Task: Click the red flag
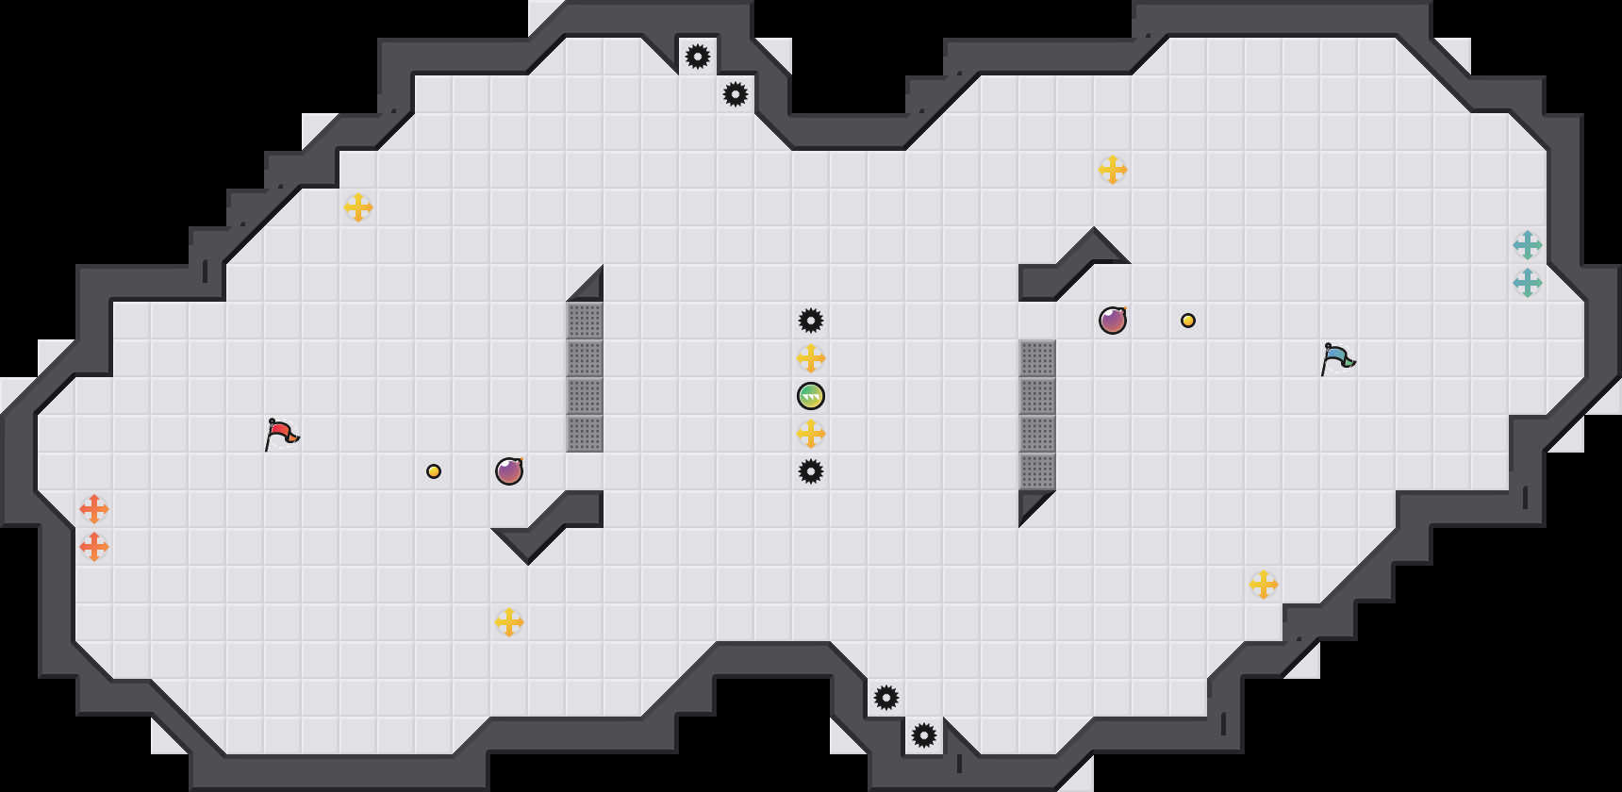point(281,435)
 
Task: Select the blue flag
point(1337,359)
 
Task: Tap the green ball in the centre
point(811,396)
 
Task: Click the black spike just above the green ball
point(811,321)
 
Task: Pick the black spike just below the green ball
point(811,471)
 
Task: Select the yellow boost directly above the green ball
point(811,358)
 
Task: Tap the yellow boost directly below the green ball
point(811,434)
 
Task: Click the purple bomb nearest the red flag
point(509,471)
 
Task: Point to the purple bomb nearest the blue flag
point(1113,321)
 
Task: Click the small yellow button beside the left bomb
point(434,471)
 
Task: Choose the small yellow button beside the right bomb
point(1188,321)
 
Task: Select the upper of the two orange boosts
point(94,509)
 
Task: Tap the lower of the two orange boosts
point(94,547)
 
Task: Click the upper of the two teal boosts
point(1528,245)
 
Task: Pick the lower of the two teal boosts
point(1528,283)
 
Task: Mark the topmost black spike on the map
point(698,57)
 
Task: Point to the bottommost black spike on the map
point(924,735)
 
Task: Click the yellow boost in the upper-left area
point(358,207)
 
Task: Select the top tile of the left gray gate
point(585,321)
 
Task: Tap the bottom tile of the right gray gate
point(1037,471)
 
